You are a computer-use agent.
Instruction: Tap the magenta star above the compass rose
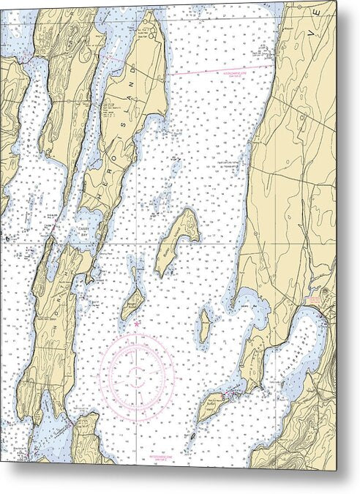(137, 323)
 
